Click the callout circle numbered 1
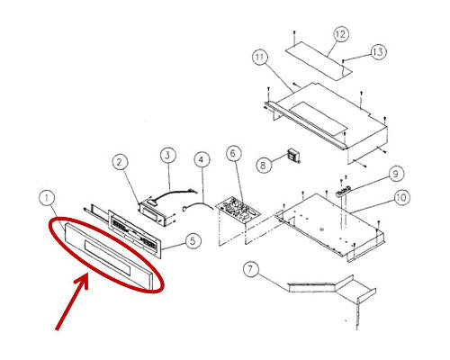47,199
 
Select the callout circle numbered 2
120,162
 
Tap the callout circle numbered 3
167,156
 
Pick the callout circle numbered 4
202,160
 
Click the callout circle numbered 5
193,241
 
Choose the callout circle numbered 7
251,270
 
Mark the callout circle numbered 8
264,165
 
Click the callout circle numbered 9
396,174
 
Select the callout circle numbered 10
401,198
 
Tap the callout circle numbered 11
260,58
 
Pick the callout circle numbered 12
340,34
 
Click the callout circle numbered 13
379,52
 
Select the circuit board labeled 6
238,209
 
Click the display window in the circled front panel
108,257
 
